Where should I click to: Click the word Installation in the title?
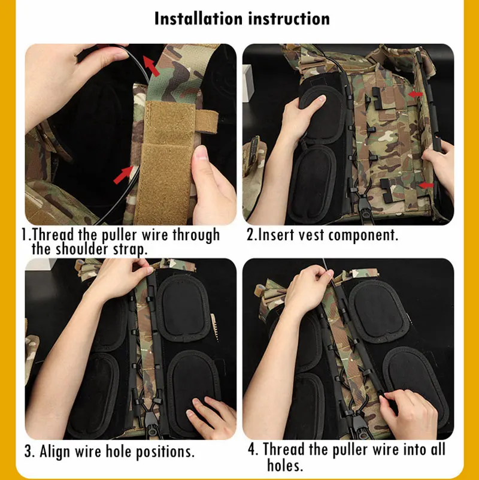[199, 19]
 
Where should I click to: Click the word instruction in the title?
[289, 19]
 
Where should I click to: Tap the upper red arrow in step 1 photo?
[151, 66]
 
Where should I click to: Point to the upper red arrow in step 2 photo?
[416, 95]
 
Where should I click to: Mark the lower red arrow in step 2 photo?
[426, 185]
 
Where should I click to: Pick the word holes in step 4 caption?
[285, 465]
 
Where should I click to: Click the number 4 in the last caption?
[251, 449]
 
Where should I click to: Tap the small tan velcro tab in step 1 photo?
[207, 122]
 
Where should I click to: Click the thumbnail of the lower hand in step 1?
[201, 153]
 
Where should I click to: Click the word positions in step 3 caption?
[165, 452]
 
